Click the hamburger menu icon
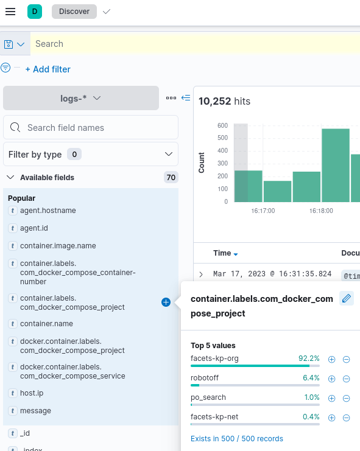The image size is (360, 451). pyautogui.click(x=10, y=12)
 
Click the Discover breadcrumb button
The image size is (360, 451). pyautogui.click(x=74, y=12)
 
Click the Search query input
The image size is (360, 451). pyautogui.click(x=183, y=44)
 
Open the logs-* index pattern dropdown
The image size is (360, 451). pyautogui.click(x=81, y=98)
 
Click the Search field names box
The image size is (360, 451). pyautogui.click(x=91, y=128)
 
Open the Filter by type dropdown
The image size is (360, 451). pyautogui.click(x=91, y=155)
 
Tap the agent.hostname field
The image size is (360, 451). pyautogui.click(x=48, y=211)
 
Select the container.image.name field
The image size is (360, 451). pyautogui.click(x=58, y=246)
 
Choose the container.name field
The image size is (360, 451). pyautogui.click(x=46, y=324)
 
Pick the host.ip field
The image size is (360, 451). pyautogui.click(x=32, y=393)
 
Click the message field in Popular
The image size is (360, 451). pyautogui.click(x=35, y=411)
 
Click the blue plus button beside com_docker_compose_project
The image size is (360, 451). pyautogui.click(x=166, y=302)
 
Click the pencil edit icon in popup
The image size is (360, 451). pyautogui.click(x=346, y=298)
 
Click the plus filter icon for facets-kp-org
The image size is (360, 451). pyautogui.click(x=332, y=359)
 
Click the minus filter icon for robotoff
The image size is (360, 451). pyautogui.click(x=347, y=379)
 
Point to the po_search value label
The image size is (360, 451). pyautogui.click(x=208, y=397)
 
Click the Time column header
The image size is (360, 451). pyautogui.click(x=222, y=253)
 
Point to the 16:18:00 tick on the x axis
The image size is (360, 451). pyautogui.click(x=321, y=211)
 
